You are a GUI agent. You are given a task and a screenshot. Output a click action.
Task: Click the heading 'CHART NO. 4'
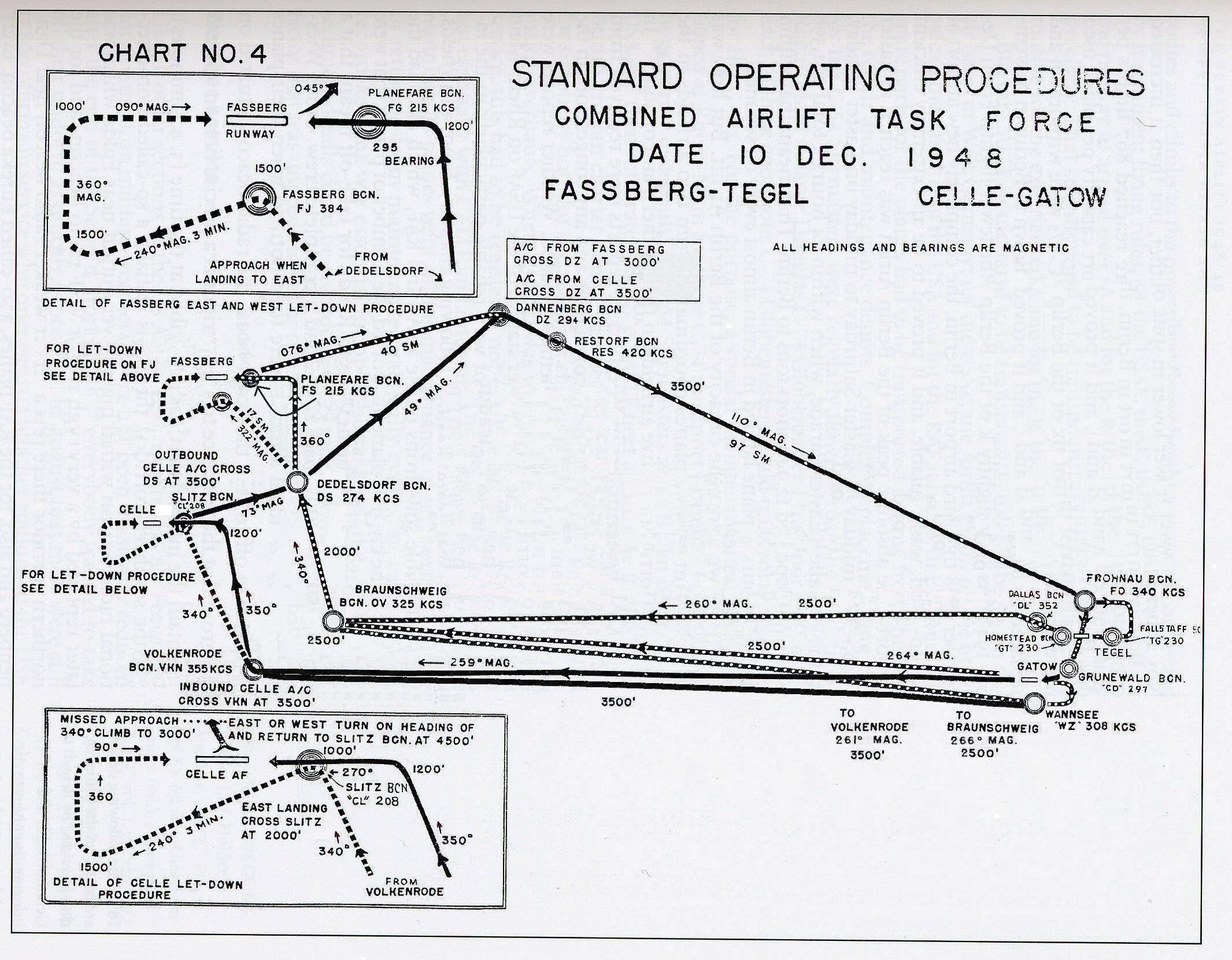182,54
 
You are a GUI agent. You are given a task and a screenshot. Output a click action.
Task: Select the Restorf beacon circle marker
556,342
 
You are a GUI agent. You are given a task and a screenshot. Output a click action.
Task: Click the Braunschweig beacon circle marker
332,621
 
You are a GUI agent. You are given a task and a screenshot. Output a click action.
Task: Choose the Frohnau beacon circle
1084,600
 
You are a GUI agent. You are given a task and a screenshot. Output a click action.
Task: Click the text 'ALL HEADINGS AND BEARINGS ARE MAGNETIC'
920,247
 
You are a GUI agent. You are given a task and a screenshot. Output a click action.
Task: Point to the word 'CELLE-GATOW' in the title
1012,197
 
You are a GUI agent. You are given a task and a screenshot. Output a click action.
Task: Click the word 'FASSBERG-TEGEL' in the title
676,192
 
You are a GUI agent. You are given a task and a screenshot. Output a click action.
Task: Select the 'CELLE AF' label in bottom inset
217,774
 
